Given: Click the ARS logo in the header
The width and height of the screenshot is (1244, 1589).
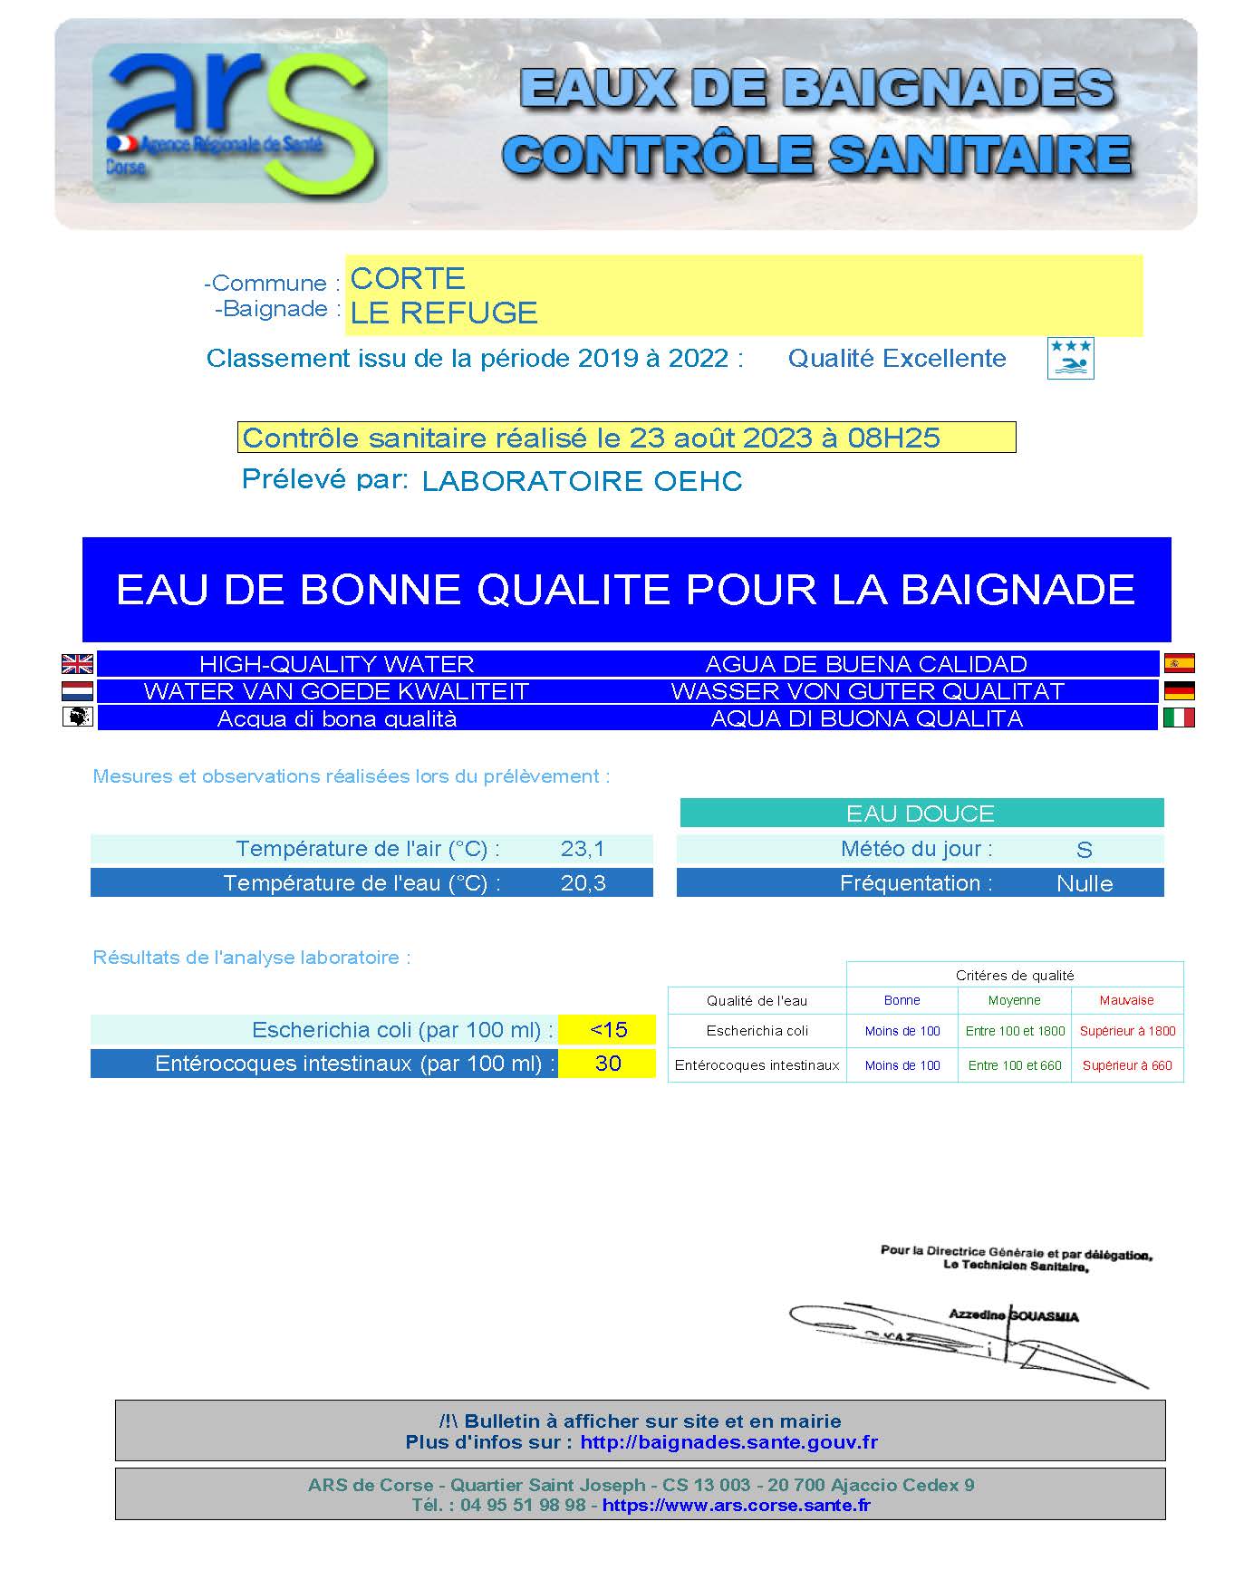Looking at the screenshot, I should pos(240,122).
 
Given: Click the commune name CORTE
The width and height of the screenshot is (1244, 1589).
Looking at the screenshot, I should pos(408,278).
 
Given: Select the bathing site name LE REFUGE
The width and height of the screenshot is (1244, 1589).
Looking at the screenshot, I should pos(444,313).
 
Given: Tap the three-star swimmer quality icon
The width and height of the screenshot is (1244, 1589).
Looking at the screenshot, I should pos(1070,358).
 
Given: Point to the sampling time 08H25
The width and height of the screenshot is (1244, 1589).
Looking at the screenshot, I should pos(893,438).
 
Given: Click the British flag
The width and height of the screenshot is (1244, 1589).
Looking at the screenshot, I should pos(77,664).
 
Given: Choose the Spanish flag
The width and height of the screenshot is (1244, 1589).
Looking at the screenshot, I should pos(1179,663).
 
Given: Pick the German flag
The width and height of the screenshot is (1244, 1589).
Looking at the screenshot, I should pos(1179,690).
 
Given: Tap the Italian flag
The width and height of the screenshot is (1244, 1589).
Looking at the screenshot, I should pos(1179,717).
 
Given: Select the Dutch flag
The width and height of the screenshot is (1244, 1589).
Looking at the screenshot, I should pos(77,691).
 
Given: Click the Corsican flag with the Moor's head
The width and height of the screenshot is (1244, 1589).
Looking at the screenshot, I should pos(77,717).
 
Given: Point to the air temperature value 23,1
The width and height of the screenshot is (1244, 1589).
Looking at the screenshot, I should pos(583,849).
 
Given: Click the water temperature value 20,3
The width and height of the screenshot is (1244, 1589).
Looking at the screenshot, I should pos(583,883).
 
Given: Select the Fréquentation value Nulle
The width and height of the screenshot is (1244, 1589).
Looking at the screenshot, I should pos(1085,884).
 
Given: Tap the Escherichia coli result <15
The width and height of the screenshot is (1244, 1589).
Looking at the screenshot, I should pos(608,1030).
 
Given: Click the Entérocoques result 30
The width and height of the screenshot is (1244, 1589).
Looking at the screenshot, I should pos(608,1064).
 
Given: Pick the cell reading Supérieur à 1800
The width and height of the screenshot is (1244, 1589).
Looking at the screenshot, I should pos(1127,1031).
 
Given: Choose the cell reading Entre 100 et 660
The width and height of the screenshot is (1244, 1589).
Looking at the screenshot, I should pos(1015,1065).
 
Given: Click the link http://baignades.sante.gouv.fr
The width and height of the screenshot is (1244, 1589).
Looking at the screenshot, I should pos(728,1442).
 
